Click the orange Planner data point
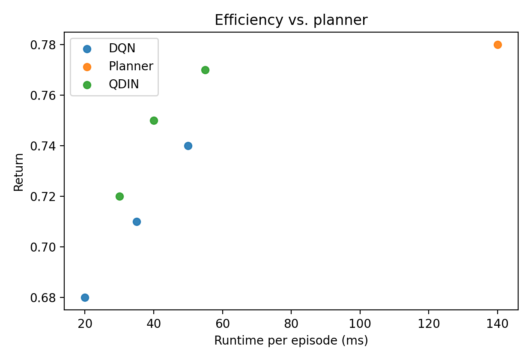[x=497, y=45]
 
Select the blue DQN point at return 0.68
[x=85, y=297]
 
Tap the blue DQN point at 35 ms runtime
[x=137, y=222]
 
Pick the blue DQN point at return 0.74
[x=188, y=146]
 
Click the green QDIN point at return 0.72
[x=119, y=196]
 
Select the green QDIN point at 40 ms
[x=154, y=120]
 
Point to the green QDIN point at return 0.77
[x=205, y=70]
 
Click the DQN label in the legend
[x=122, y=48]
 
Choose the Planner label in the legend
[x=131, y=66]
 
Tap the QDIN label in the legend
[x=124, y=84]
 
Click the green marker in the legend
[x=87, y=84]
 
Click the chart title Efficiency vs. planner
[x=291, y=20]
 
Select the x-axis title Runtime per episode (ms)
[x=291, y=341]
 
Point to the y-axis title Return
[x=18, y=171]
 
